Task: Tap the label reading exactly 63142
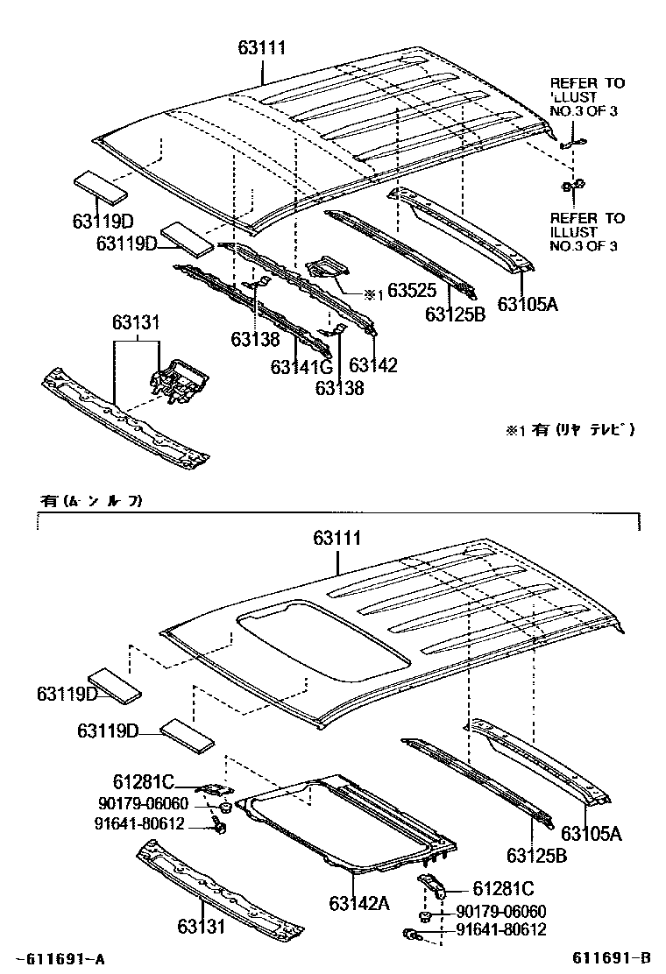coord(373,365)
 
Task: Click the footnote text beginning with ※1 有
coord(568,429)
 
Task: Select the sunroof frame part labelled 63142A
coord(351,823)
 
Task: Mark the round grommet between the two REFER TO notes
coord(574,186)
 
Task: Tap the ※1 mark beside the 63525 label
coord(373,295)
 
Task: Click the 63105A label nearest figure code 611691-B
coord(592,833)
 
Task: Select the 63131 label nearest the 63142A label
coord(201,926)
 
